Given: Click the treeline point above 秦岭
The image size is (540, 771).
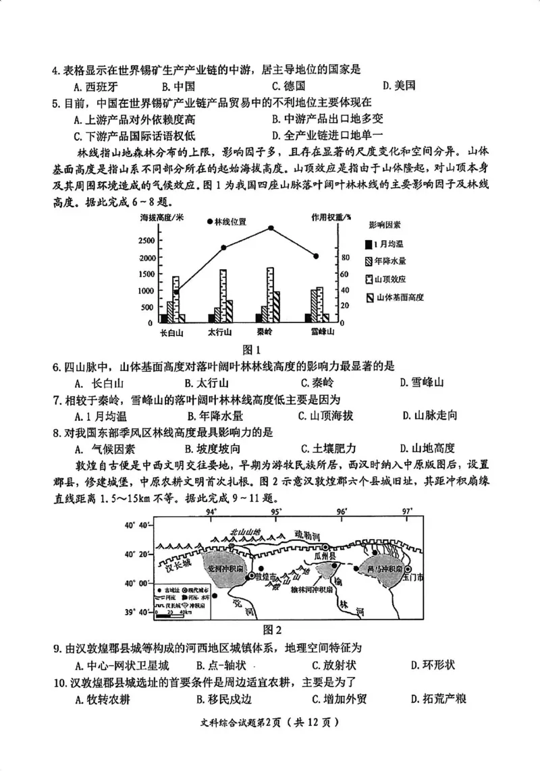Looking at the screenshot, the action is coord(271,228).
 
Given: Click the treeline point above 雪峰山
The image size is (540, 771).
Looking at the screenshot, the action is coord(316,256).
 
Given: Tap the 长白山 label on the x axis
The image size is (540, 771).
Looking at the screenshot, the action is coord(172,332).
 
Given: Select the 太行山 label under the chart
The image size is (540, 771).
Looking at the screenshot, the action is coord(219,332).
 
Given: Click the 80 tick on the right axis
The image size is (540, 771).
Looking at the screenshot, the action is coord(344,258).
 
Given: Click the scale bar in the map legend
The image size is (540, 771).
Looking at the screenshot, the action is coord(171,613).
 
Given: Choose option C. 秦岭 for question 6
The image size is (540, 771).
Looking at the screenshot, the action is coord(307,382).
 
